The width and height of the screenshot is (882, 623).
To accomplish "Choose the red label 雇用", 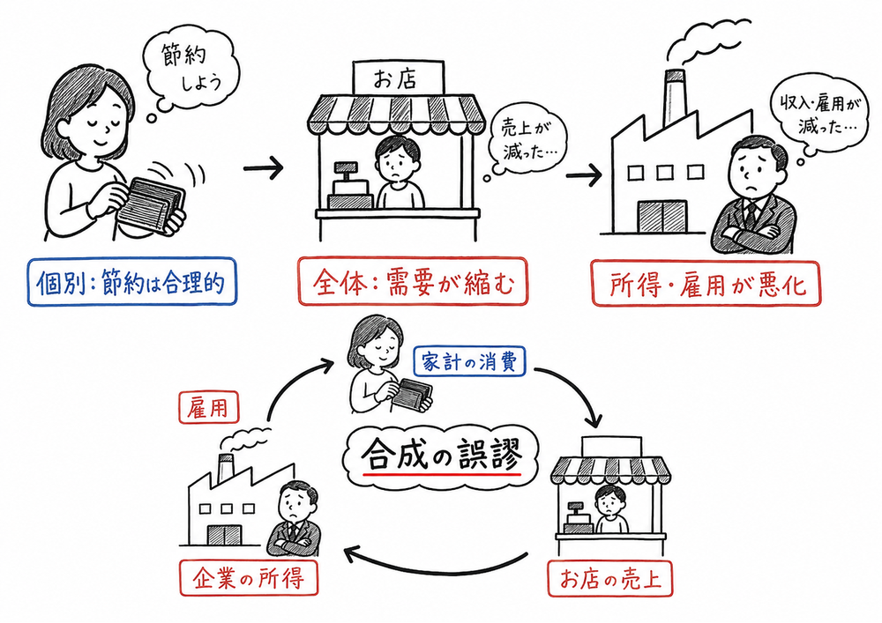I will click(x=210, y=406).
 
